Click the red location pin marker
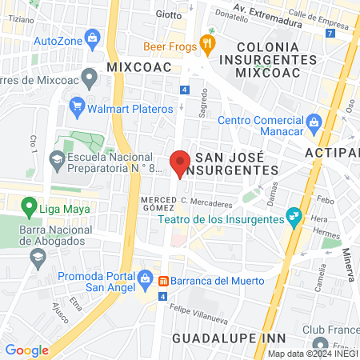180,162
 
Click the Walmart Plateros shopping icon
78,106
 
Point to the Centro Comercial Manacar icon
314,122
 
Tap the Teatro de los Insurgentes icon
293,215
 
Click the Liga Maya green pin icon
30,210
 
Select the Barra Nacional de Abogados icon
37,257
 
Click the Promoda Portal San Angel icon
145,280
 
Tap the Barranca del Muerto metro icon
163,281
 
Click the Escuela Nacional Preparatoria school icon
58,158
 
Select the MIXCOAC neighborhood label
139,67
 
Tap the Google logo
26,350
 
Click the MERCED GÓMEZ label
158,203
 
